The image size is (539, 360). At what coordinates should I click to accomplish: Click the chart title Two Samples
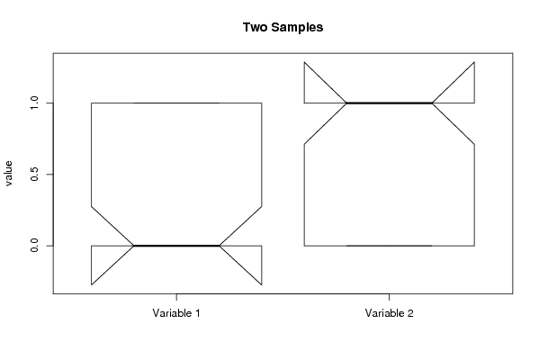click(283, 27)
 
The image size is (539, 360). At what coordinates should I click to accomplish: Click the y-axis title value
click(8, 174)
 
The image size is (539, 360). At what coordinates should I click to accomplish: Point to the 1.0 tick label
click(34, 103)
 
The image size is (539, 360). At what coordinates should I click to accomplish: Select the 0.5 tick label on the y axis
click(34, 175)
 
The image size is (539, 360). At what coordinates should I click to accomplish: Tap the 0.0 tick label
click(34, 246)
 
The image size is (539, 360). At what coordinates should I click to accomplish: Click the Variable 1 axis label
click(176, 313)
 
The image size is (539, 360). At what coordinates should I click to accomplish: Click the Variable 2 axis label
click(389, 313)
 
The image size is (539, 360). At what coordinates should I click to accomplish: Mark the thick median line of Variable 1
click(176, 246)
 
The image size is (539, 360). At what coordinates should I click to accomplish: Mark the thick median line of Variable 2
click(389, 103)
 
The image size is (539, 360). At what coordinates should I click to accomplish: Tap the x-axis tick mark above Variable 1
click(176, 297)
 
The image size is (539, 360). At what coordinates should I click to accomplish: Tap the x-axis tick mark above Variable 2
click(389, 297)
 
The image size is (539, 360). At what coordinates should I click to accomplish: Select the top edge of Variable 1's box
click(176, 103)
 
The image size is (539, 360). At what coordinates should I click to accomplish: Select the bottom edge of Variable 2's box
click(389, 246)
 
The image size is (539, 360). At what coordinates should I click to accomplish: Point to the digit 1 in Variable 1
click(197, 313)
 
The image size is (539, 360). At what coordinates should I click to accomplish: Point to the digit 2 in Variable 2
click(410, 313)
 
